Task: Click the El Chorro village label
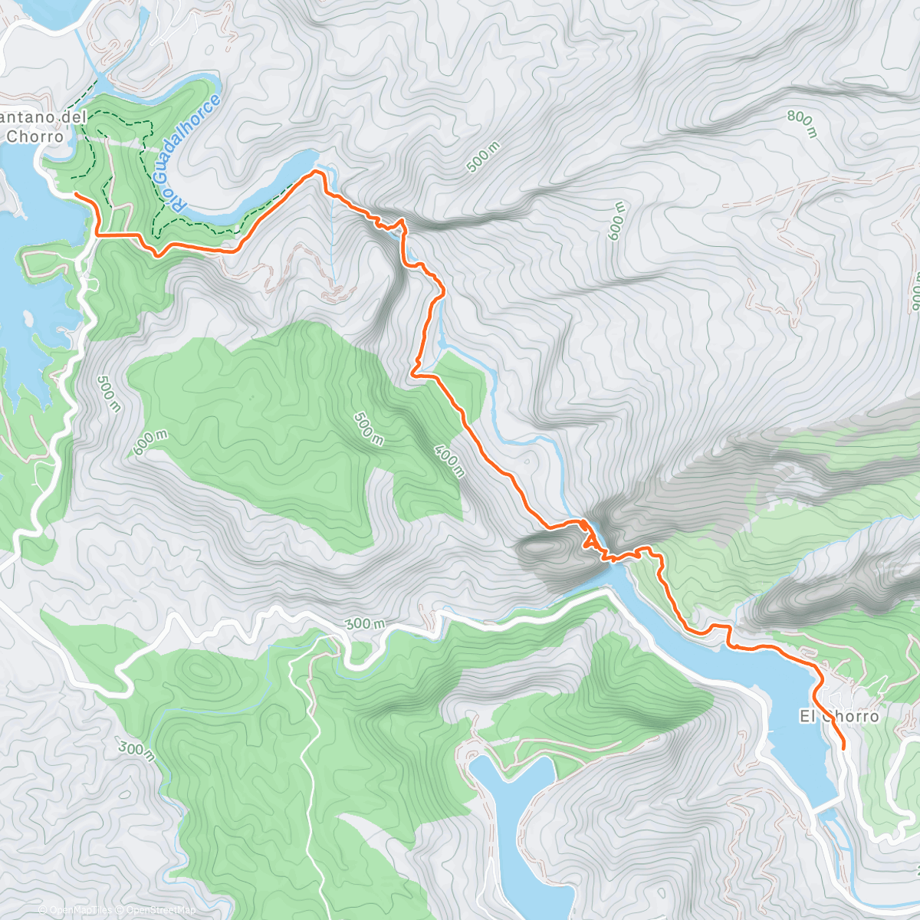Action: (839, 717)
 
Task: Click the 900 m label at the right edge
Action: (915, 291)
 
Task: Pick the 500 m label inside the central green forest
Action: (368, 428)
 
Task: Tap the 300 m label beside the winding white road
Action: (363, 624)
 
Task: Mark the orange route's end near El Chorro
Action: (843, 747)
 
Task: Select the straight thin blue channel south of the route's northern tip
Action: (333, 238)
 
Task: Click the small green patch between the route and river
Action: (460, 379)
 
